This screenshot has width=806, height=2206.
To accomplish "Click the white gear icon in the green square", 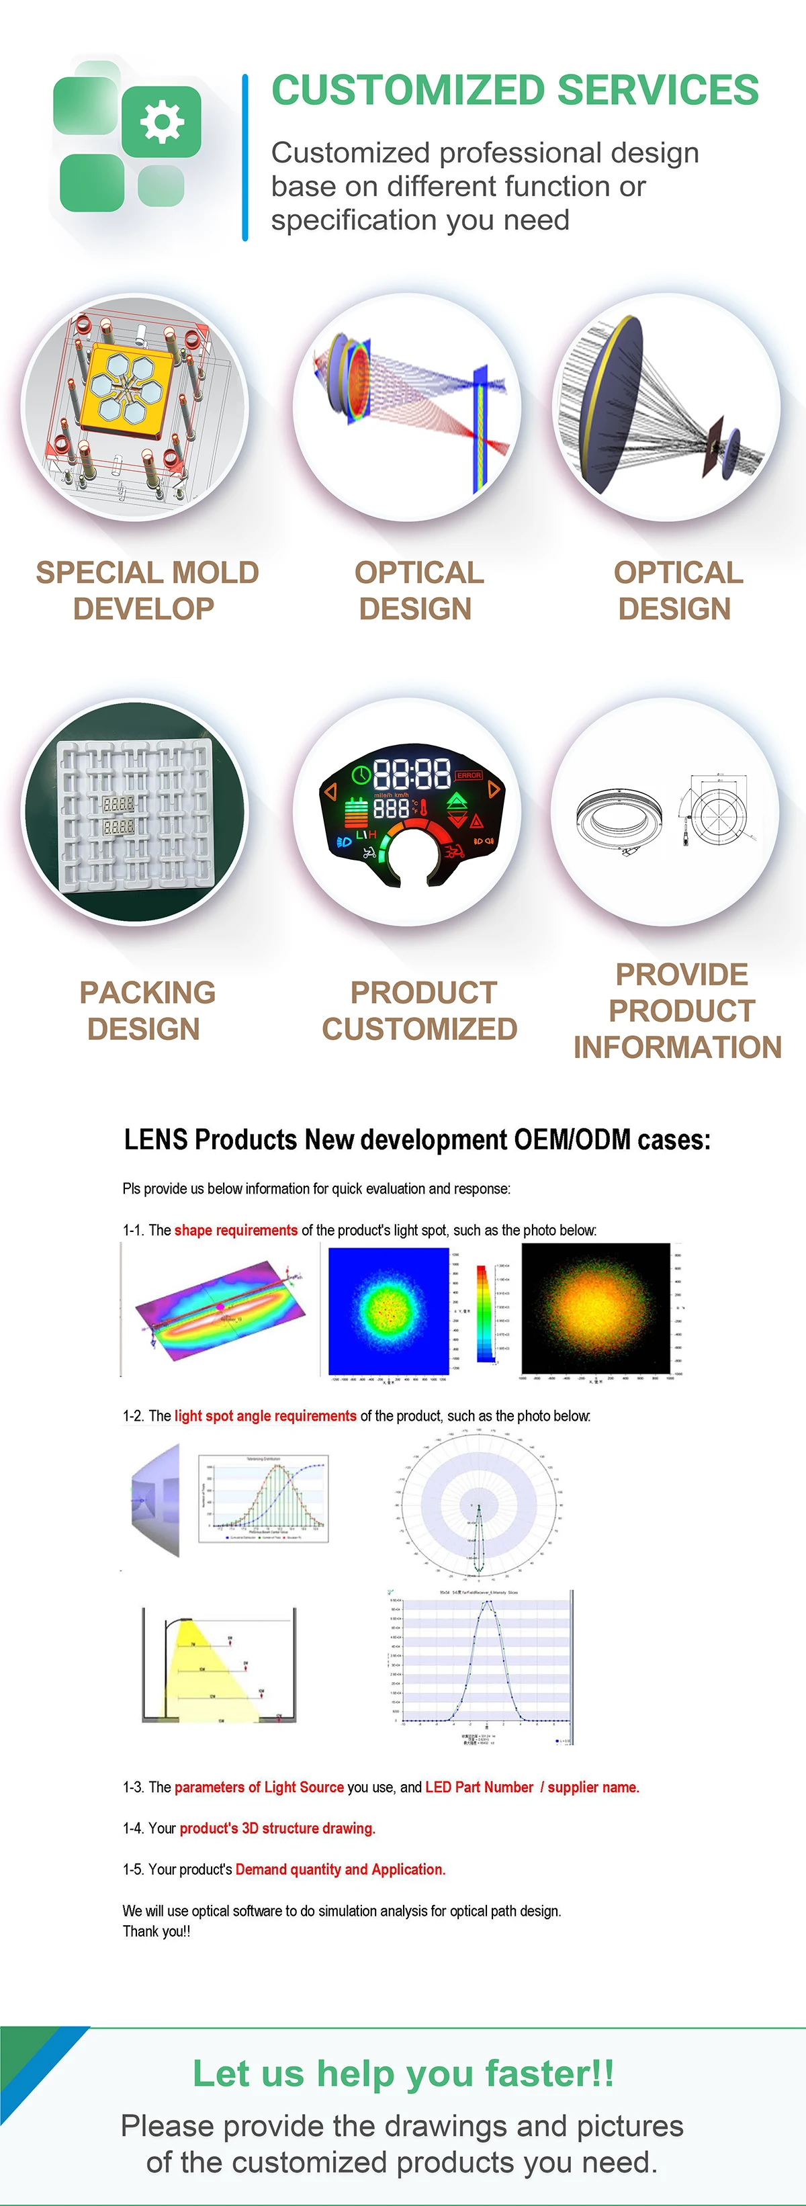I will [161, 122].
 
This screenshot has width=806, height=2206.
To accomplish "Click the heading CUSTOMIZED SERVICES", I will [514, 91].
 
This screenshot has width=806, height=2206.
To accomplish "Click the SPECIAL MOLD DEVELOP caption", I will [146, 590].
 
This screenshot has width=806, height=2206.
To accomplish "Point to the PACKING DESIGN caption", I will [146, 1010].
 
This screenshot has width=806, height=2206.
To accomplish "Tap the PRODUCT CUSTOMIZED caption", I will [420, 1010].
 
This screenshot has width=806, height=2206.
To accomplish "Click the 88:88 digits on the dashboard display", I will [412, 774].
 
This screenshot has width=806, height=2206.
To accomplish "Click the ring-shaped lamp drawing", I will [619, 818].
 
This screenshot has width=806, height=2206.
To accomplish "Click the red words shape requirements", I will [236, 1230].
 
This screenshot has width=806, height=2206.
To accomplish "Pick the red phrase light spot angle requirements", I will [265, 1415].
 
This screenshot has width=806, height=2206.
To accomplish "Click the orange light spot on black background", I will [595, 1308].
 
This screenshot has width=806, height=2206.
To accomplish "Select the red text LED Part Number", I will [479, 1788].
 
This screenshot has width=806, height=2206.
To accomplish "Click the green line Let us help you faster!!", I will [402, 2073].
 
